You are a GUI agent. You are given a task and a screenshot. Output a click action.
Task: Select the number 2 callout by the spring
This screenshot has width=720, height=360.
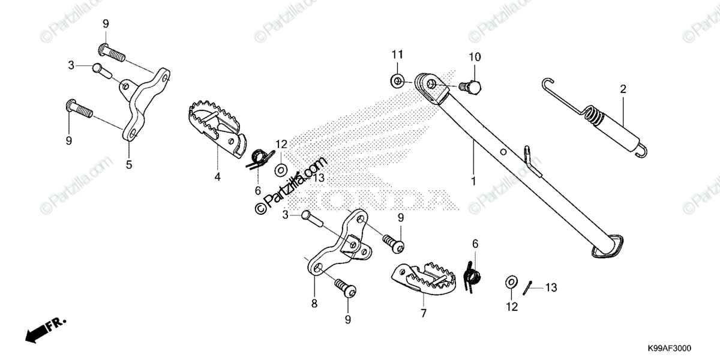[x=623, y=89]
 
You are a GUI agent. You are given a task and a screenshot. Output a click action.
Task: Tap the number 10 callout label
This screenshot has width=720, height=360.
[x=475, y=58]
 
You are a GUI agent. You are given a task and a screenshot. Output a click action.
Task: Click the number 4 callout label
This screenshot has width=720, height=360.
[x=218, y=177]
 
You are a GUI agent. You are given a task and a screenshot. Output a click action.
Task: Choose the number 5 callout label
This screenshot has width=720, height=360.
[x=129, y=164]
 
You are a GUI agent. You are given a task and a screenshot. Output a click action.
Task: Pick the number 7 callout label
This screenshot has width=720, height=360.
[x=424, y=314]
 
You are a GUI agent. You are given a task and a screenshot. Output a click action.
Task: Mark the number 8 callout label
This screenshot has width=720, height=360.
[x=314, y=304]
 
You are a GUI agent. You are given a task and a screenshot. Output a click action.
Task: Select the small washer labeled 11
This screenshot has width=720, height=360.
[x=396, y=79]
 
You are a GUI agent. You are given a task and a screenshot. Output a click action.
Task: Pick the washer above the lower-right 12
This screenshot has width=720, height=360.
[x=511, y=281]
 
